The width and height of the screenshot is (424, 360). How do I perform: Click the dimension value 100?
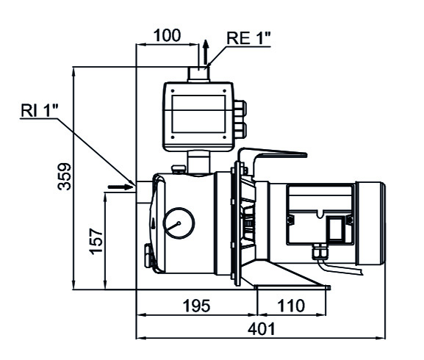[167, 35]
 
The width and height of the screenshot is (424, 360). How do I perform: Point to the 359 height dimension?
[65, 176]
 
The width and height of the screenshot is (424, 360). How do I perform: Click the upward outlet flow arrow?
[206, 53]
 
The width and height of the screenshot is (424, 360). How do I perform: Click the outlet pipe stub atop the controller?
[198, 73]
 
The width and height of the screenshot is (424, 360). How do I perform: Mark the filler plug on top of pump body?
[177, 170]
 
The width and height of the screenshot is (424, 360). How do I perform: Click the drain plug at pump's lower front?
[148, 256]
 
